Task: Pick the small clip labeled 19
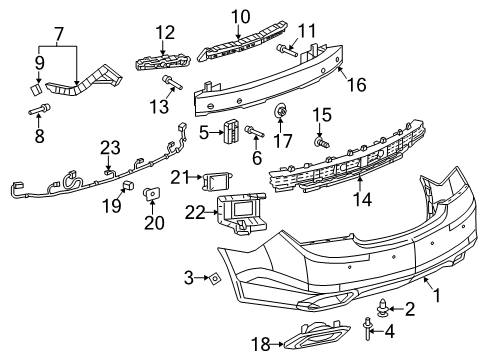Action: coord(128,186)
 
